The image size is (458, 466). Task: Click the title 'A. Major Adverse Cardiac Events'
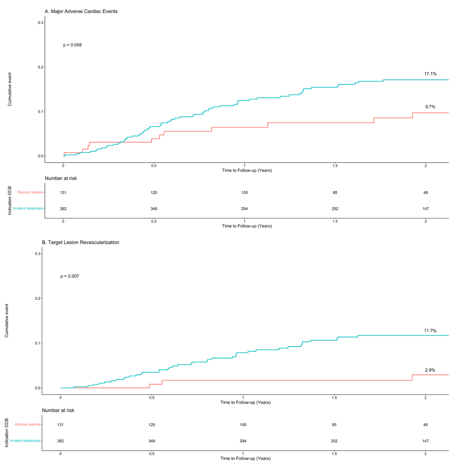pos(81,11)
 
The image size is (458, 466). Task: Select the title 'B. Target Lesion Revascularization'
pos(80,242)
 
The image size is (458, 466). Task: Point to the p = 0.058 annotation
pos(72,45)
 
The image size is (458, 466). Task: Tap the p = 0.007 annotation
pos(70,276)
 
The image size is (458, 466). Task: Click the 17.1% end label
pos(430,74)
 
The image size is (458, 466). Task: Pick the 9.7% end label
pos(430,107)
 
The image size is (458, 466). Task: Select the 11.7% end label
pos(430,331)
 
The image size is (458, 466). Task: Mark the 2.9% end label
pos(430,370)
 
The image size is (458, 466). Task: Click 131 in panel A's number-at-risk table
pos(63,193)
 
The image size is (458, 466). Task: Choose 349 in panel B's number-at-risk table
pos(152,441)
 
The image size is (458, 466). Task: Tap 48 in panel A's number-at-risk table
pos(426,193)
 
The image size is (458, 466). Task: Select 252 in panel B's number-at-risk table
pos(334,441)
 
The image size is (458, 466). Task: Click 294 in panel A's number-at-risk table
pos(244,209)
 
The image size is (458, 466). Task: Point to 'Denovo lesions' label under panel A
pos(30,192)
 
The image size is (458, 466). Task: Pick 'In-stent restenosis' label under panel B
pos(25,441)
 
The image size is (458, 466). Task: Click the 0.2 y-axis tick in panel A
pos(40,67)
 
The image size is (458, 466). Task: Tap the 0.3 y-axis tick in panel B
pos(37,254)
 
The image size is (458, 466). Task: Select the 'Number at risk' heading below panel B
pos(58,410)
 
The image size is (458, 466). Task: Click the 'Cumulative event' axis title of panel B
pos(7,321)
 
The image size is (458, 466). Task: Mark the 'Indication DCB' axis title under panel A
pos(10,201)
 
